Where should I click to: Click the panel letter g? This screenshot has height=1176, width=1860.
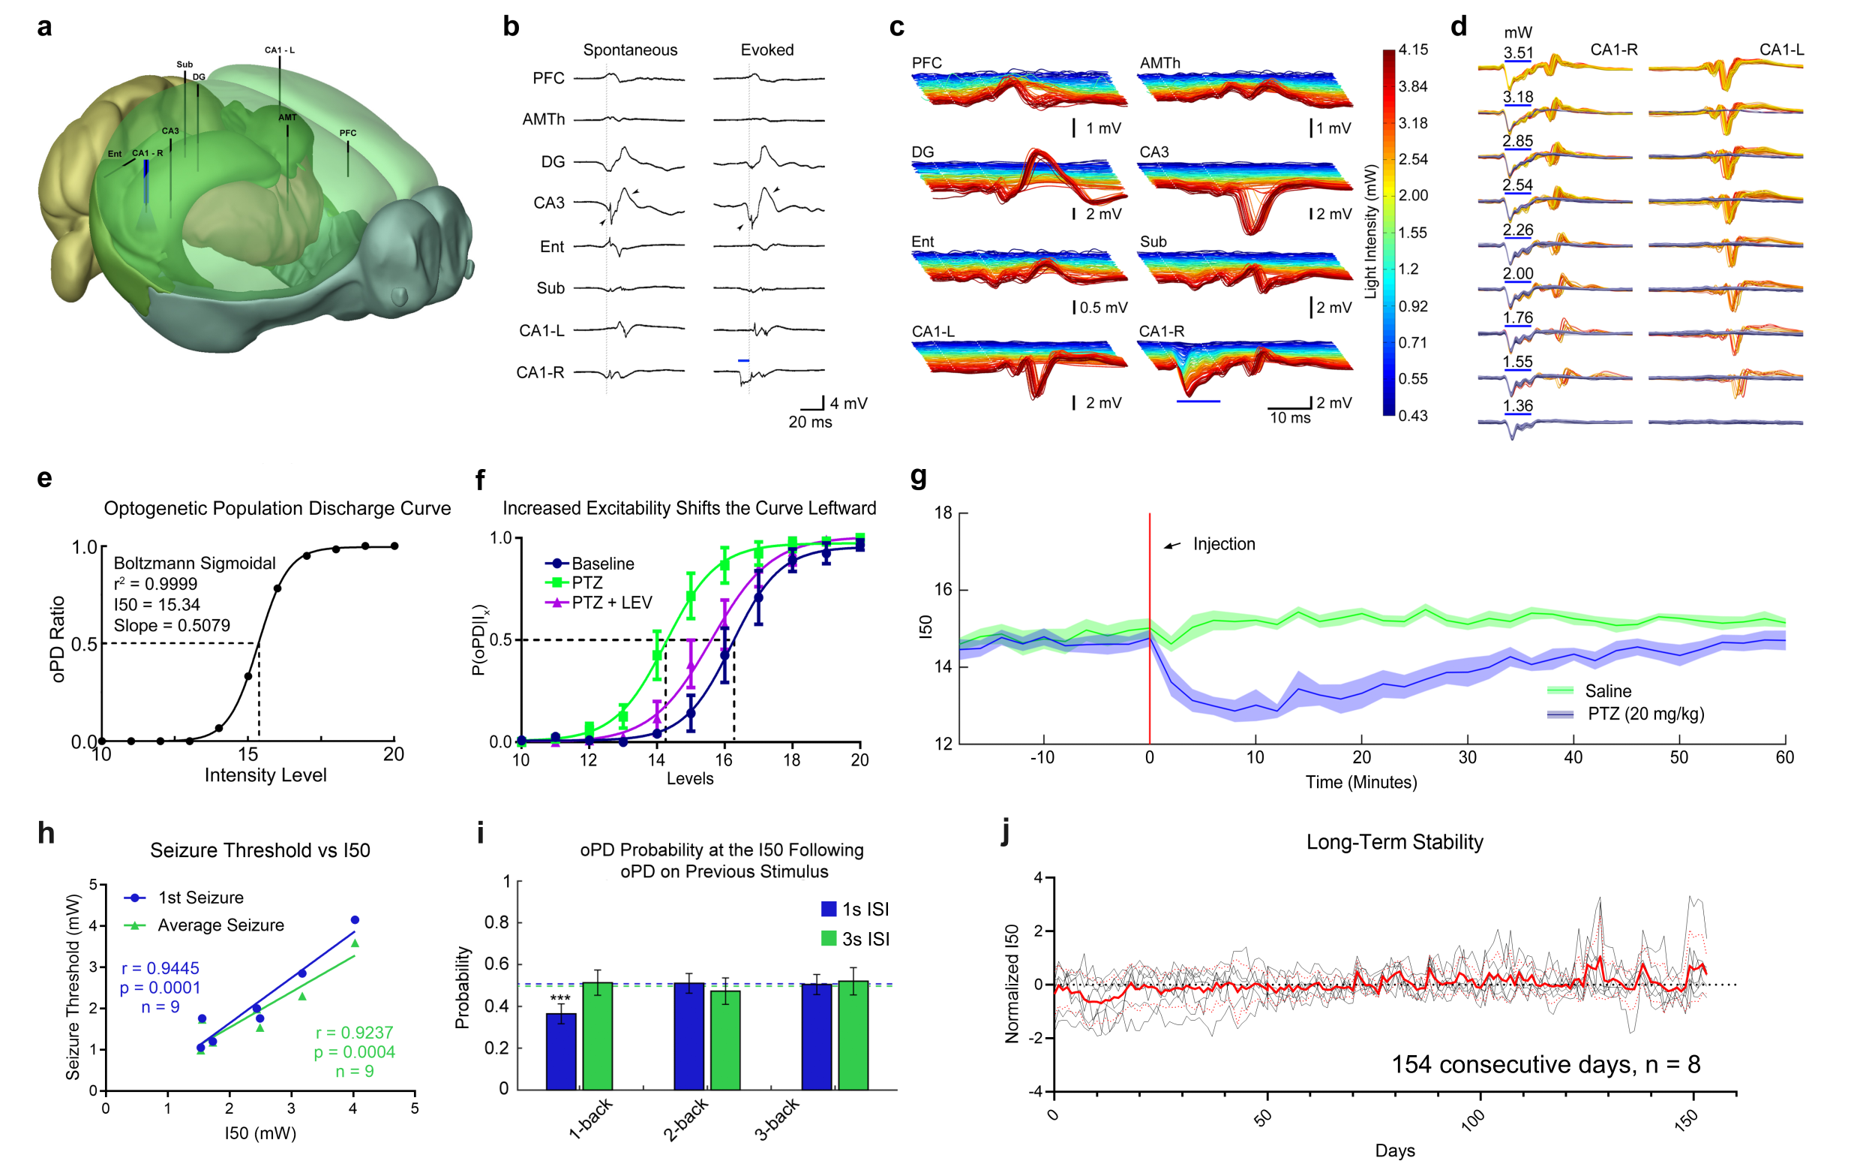tap(919, 477)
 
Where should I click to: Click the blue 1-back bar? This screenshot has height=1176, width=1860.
tap(561, 1051)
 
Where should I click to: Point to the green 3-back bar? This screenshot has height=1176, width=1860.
tap(853, 1035)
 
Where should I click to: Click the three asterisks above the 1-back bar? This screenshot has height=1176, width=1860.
tap(560, 998)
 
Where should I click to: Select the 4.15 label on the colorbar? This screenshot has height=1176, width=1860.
tap(1413, 50)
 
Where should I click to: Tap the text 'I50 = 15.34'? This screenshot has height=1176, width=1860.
tap(157, 604)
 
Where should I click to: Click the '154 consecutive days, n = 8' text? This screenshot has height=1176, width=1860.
tap(1545, 1064)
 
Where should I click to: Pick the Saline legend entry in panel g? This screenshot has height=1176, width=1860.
tap(1606, 690)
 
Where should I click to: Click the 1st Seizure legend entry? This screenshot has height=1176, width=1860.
tap(200, 897)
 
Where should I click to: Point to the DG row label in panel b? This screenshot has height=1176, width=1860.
tap(552, 161)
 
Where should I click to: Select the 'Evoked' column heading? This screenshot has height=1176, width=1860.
tap(766, 50)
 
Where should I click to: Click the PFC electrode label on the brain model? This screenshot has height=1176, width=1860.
tap(347, 133)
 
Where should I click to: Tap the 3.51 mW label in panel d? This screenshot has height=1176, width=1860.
tap(1518, 53)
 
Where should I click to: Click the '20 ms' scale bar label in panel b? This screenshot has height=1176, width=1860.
tap(809, 422)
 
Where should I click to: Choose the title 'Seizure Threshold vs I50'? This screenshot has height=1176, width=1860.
tap(259, 850)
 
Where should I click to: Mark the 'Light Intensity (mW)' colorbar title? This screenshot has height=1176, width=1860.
tap(1371, 232)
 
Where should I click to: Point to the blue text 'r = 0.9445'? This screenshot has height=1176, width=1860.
tap(160, 967)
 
